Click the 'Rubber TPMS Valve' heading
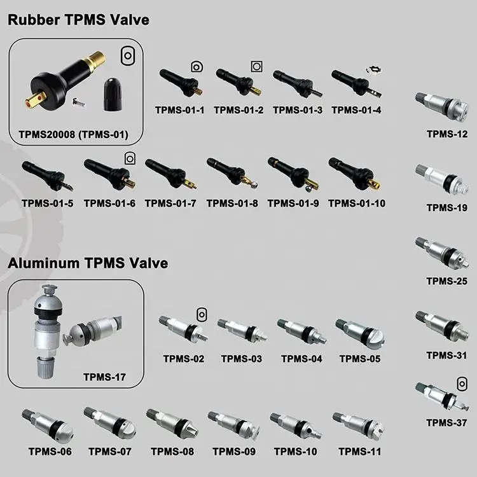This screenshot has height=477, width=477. (x=78, y=20)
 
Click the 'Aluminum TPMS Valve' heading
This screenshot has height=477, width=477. (x=88, y=263)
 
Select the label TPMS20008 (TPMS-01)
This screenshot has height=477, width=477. (x=74, y=134)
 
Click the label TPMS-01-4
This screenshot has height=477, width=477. (x=356, y=110)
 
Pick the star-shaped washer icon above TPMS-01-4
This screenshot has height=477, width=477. (x=372, y=70)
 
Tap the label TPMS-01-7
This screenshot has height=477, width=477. (x=170, y=204)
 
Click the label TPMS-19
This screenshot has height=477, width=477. (x=447, y=208)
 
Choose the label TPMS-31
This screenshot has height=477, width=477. (x=447, y=356)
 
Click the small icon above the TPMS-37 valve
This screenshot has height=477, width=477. (x=462, y=382)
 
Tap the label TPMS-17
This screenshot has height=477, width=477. (x=104, y=377)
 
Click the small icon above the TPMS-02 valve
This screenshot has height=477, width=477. (x=202, y=314)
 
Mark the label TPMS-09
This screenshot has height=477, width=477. (x=234, y=452)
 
